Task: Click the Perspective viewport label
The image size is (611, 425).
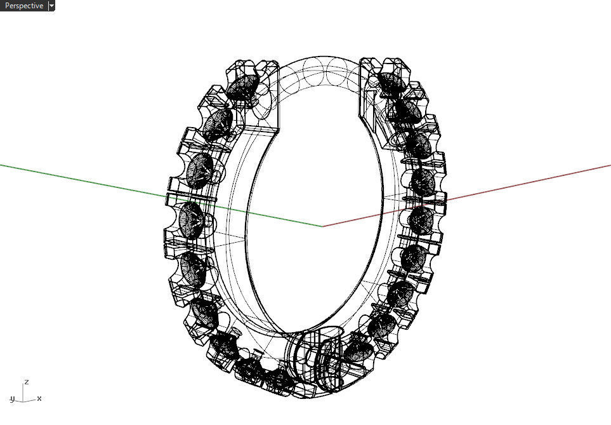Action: (x=23, y=6)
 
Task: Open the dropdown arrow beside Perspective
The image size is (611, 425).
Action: (x=51, y=6)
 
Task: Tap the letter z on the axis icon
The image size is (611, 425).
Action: (x=26, y=382)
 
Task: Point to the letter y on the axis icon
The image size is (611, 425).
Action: (x=13, y=399)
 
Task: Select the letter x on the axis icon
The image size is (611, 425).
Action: (x=39, y=398)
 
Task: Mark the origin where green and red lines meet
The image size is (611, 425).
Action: (x=322, y=226)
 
